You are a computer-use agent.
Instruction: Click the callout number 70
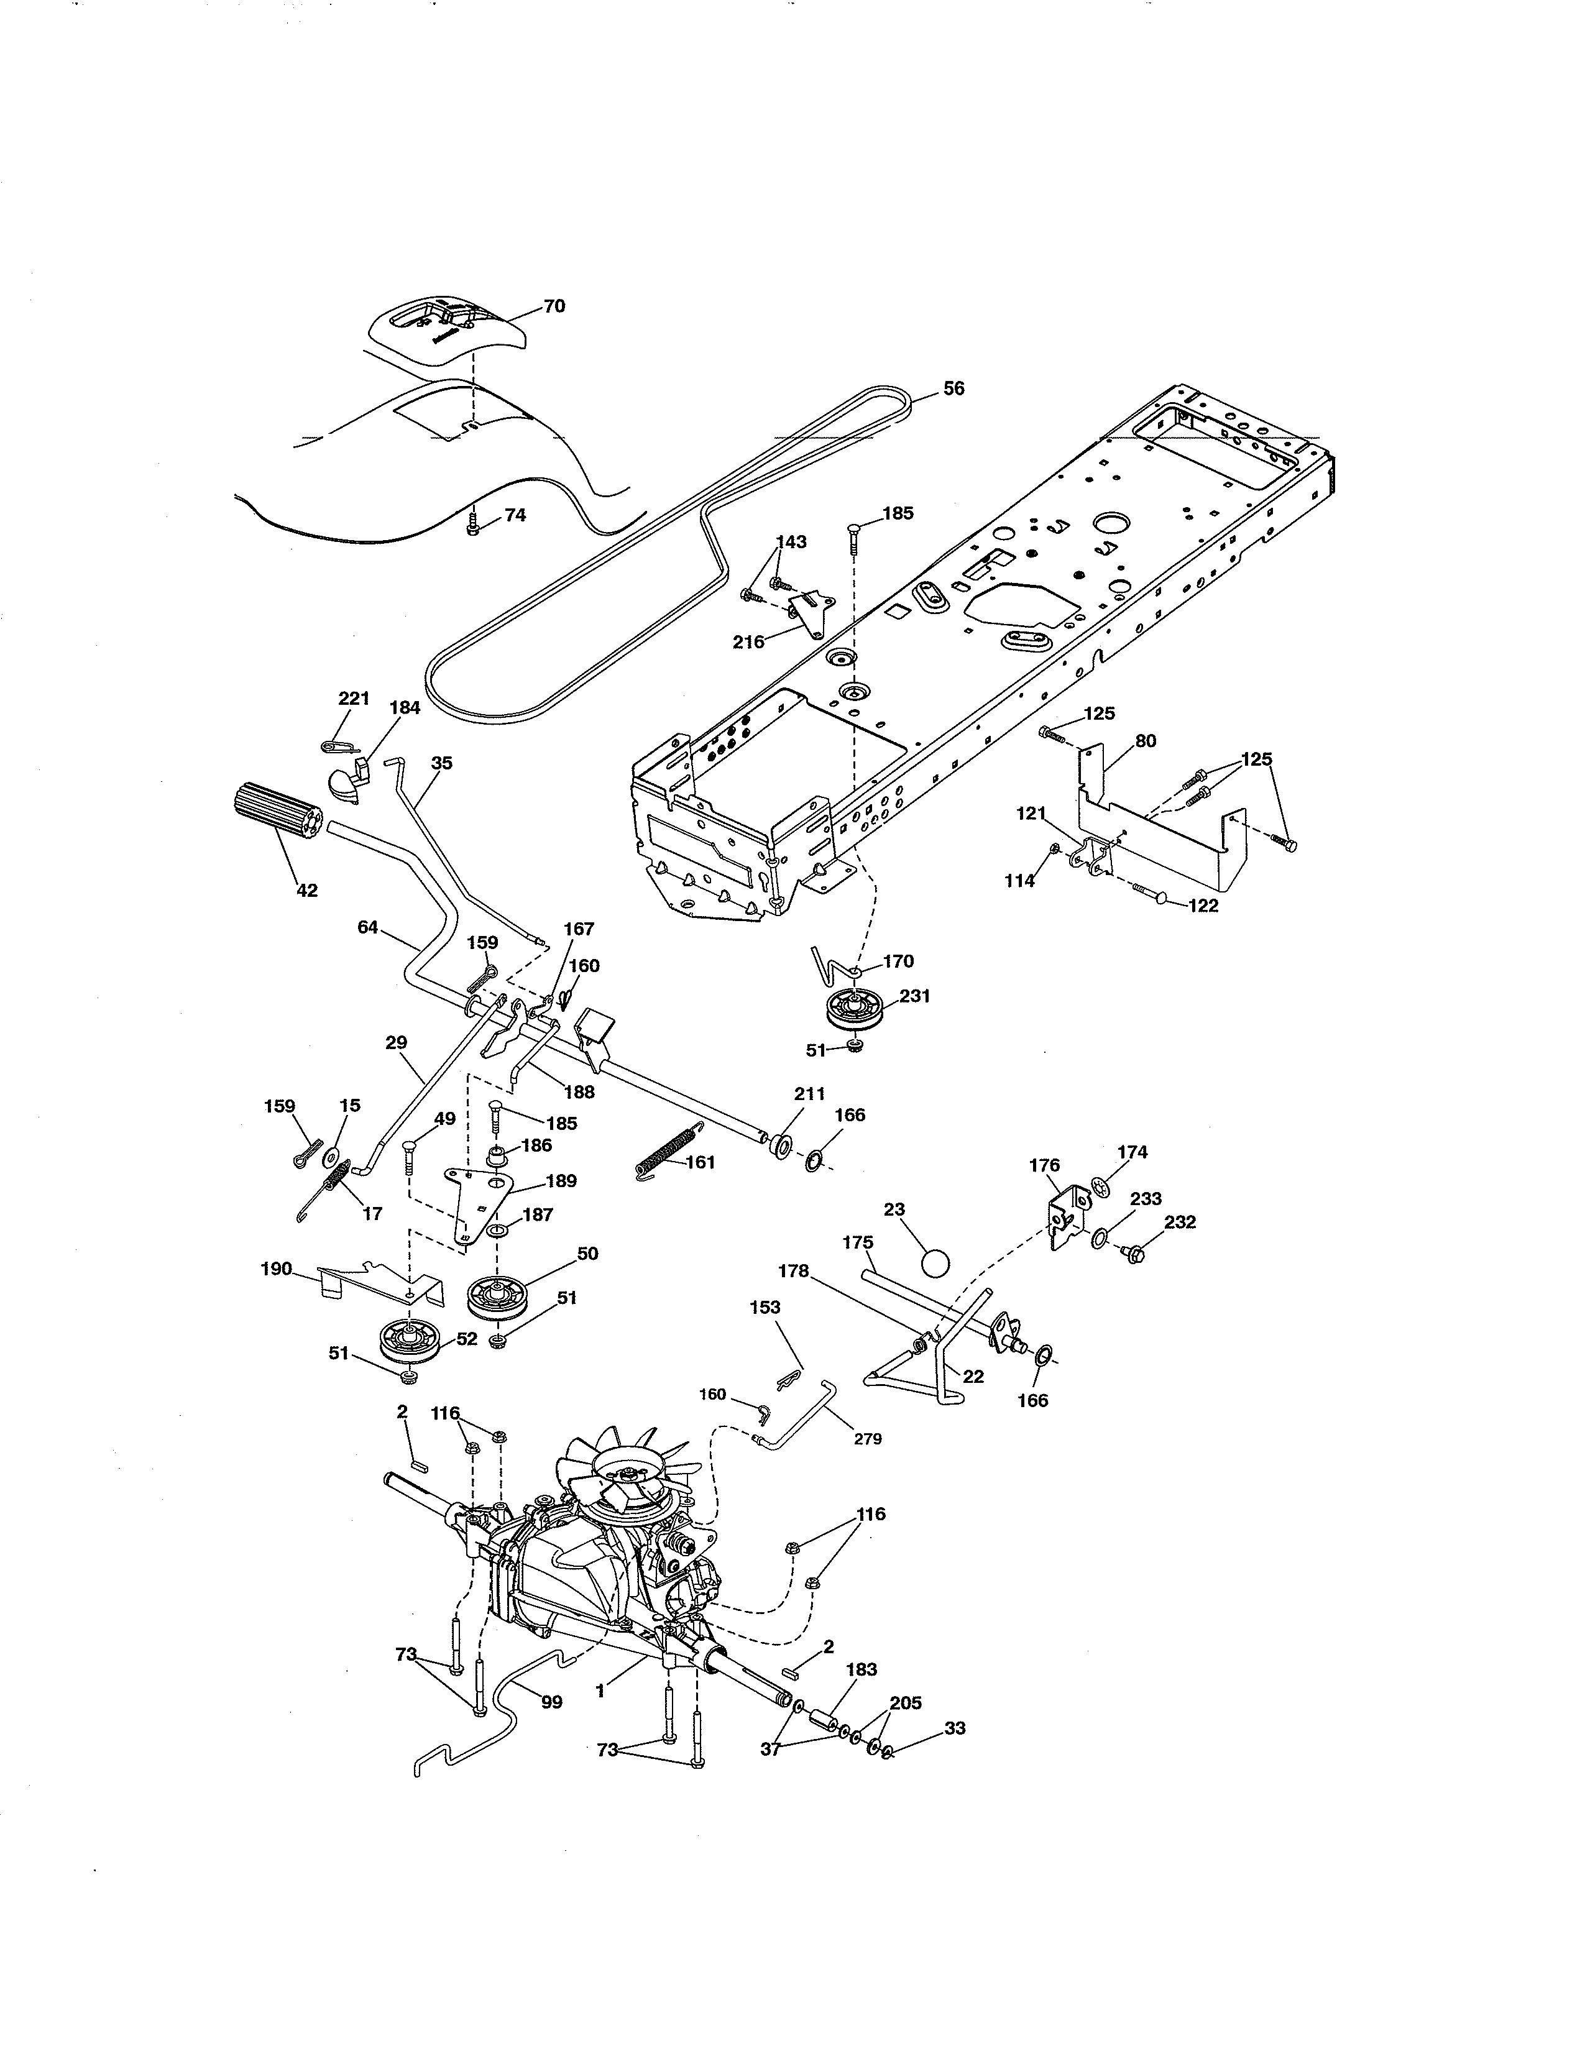(x=554, y=306)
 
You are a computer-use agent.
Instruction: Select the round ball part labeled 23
(x=936, y=1262)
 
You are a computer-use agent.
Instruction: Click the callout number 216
(x=748, y=643)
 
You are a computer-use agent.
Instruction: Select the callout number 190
(x=275, y=1270)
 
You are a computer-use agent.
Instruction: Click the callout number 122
(x=1204, y=906)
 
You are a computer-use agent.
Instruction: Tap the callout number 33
(x=954, y=1728)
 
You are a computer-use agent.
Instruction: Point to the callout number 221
(x=354, y=699)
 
